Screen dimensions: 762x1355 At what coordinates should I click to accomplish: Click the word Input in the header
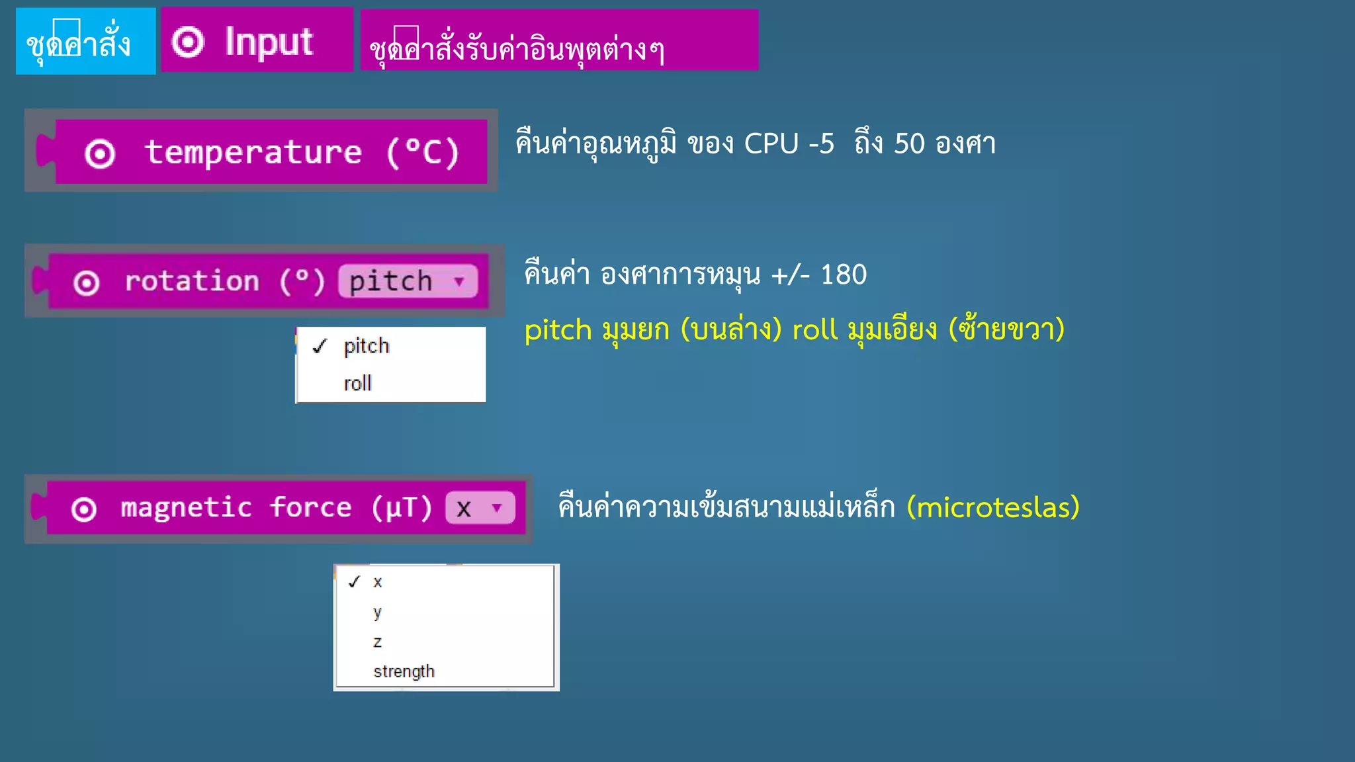coord(269,42)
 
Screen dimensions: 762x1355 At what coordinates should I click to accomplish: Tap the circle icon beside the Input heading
coord(188,42)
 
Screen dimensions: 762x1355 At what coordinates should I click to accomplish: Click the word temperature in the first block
coord(253,152)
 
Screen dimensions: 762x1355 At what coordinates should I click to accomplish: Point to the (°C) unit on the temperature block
coord(423,152)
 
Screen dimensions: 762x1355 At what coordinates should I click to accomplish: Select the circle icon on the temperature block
coord(100,154)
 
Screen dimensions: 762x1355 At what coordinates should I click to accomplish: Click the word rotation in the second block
coord(192,281)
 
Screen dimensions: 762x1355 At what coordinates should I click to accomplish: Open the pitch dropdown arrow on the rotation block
coord(459,281)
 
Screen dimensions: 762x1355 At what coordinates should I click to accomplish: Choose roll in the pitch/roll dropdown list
coord(358,384)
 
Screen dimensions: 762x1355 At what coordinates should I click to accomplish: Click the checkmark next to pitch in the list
coord(320,346)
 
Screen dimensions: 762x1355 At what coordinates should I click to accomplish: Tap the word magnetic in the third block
coord(186,508)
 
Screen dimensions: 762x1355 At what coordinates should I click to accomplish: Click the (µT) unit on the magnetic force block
coord(402,508)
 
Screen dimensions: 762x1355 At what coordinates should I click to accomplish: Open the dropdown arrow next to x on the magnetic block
coord(497,508)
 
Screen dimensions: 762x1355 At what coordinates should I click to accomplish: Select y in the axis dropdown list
coord(377,613)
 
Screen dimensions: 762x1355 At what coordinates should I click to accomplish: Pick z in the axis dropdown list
coord(377,642)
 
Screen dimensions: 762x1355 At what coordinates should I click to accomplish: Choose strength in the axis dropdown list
coord(404,672)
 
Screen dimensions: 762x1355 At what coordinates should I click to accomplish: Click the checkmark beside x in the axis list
coord(355,582)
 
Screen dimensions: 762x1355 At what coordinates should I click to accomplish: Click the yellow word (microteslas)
coord(993,507)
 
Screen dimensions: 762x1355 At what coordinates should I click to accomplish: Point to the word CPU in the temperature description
coord(771,144)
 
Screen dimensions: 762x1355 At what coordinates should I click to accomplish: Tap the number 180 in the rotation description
coord(844,275)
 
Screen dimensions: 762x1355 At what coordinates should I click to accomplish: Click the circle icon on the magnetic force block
coord(84,509)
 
